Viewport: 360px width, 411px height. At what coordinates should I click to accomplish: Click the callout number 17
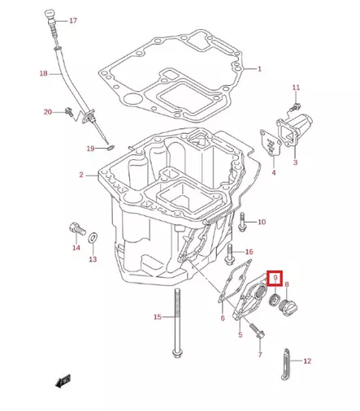(x=74, y=20)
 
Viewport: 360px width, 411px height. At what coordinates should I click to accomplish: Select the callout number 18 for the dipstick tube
(x=44, y=74)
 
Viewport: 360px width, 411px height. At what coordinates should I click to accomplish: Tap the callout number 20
(x=47, y=111)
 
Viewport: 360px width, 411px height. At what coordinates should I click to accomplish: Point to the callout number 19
(x=90, y=148)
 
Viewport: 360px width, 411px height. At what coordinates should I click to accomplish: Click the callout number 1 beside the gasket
(x=259, y=69)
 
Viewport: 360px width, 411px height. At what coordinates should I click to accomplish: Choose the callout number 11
(x=296, y=87)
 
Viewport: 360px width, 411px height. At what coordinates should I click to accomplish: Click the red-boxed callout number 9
(x=276, y=279)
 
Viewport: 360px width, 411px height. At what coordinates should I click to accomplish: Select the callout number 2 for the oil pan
(x=81, y=175)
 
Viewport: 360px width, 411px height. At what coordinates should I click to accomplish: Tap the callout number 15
(x=158, y=317)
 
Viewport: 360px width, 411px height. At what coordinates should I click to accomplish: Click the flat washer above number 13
(x=93, y=236)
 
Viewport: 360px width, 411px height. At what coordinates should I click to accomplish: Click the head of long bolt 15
(x=176, y=353)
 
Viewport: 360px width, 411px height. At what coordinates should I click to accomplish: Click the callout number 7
(x=259, y=355)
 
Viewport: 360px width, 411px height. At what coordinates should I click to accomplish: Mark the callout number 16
(x=249, y=252)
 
